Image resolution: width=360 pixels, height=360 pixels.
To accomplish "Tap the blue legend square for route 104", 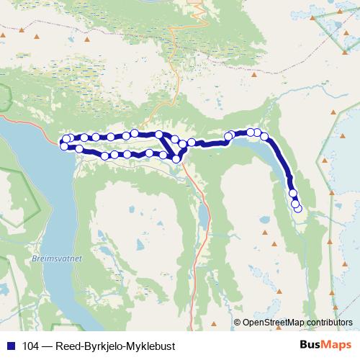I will coord(8,346).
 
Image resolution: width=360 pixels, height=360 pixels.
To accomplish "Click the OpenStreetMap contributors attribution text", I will coord(297,322).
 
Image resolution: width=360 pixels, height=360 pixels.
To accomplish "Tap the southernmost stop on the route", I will coord(297,210).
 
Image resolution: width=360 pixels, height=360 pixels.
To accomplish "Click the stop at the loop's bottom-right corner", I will coord(176,158).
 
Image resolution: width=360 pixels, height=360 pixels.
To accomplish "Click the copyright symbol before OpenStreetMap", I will coord(237,322).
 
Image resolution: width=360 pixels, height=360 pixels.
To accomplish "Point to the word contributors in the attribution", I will coord(328,322).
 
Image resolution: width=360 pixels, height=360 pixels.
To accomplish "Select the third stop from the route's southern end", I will coord(292,194).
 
